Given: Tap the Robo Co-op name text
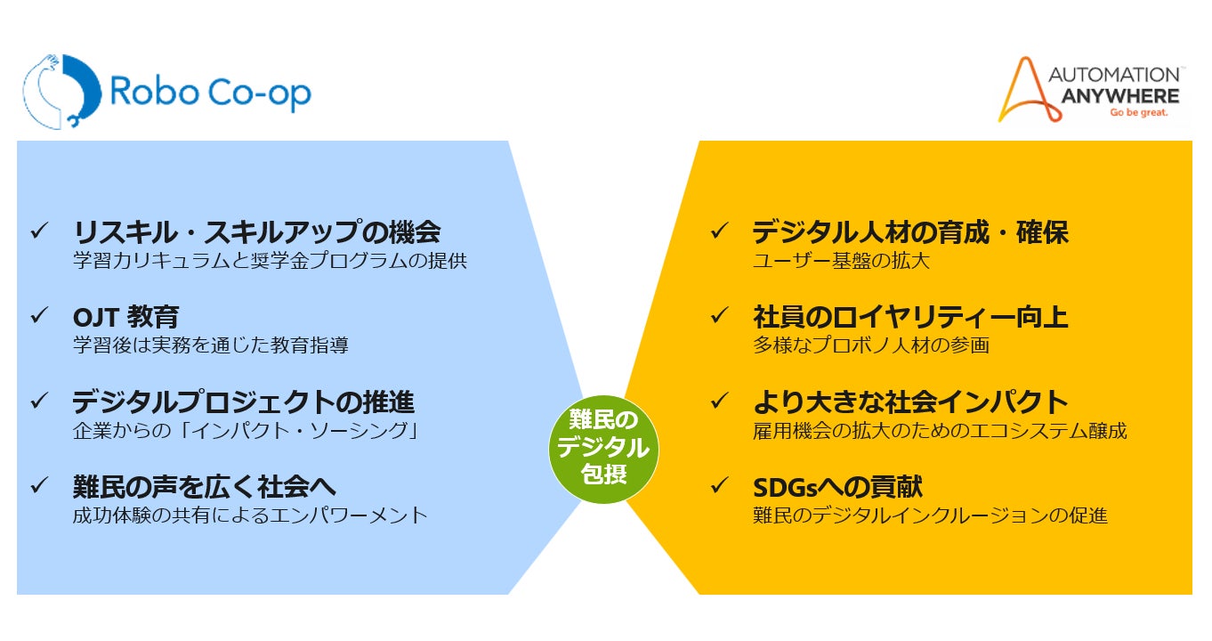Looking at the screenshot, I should pos(210,93).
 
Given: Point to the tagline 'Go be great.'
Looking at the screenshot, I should pos(1137,113).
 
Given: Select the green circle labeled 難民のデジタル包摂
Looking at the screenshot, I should pos(604,446).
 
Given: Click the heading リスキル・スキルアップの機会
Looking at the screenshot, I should pos(256,232).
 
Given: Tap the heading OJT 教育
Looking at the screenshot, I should pos(125,317).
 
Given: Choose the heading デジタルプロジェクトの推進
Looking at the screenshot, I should pos(243,402).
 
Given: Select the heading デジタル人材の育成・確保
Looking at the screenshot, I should pos(909,232).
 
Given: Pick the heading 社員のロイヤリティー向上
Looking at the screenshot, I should pos(909,317).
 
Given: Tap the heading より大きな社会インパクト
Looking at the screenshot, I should pos(909,402).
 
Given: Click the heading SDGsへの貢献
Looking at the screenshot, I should pos(837,486).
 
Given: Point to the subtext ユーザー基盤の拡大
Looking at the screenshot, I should pos(841,261).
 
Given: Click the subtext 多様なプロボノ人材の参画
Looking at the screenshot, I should pos(870,345).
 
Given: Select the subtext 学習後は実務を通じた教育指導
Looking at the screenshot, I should pos(210,345).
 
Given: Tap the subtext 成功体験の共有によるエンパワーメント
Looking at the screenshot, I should pos(250,515).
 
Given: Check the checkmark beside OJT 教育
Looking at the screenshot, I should pos(39,316).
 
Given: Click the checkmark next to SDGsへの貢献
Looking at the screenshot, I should pos(719,486).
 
